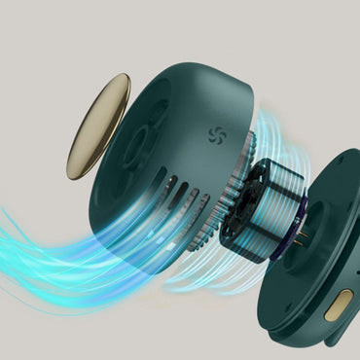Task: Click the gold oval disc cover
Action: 98,126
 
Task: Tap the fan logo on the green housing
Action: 215,135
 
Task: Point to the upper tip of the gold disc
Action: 122,78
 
